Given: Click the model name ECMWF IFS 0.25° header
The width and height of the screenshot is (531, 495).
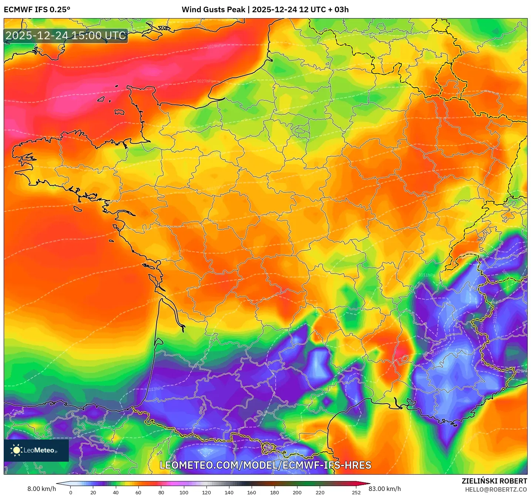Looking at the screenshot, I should pos(37,10).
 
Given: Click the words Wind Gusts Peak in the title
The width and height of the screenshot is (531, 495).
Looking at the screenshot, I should pos(213,10).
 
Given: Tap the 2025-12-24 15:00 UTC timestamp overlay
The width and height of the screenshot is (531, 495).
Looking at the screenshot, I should pos(66,36).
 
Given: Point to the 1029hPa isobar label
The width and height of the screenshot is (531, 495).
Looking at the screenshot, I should pos(215,46).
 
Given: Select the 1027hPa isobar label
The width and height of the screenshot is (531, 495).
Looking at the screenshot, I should pos(205,81).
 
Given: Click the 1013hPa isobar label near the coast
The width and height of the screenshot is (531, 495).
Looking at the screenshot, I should pos(155,389).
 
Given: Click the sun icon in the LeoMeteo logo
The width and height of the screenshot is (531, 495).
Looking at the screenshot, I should pos(16,450).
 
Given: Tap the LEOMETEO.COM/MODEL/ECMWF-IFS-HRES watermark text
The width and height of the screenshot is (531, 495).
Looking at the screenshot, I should pos(265,465).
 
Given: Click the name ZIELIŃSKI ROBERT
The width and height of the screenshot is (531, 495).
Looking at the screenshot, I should pos(494,481).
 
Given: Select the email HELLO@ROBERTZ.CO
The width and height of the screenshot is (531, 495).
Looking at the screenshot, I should pos(496,489).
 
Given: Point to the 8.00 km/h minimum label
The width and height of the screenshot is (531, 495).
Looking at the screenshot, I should pos(41,489).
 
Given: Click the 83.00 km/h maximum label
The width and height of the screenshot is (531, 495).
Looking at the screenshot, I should pos(385,489).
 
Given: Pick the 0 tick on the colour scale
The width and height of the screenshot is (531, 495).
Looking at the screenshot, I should pos(71,492).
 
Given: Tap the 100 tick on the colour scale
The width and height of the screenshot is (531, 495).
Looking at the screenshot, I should pos(184,492).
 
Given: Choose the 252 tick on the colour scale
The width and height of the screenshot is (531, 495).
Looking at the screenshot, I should pos(356,492).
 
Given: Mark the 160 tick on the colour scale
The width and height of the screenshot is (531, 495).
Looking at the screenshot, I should pos(252,492).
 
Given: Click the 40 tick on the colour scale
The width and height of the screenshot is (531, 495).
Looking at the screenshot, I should pos(116,492).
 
